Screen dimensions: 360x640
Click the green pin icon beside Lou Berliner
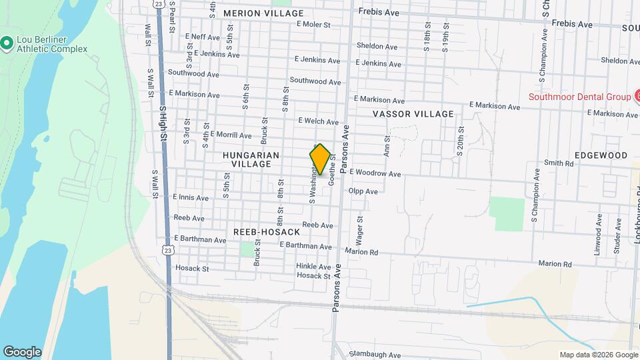tap(7, 44)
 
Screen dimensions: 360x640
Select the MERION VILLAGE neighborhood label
tap(263, 13)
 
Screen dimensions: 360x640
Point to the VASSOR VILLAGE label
tap(413, 114)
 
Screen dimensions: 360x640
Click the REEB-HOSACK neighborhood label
tap(267, 231)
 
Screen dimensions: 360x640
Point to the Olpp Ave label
tap(363, 191)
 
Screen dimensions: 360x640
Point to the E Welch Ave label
tap(318, 121)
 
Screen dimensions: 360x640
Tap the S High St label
tap(161, 122)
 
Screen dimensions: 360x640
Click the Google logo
tap(22, 352)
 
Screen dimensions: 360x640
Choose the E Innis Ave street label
tap(190, 198)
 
